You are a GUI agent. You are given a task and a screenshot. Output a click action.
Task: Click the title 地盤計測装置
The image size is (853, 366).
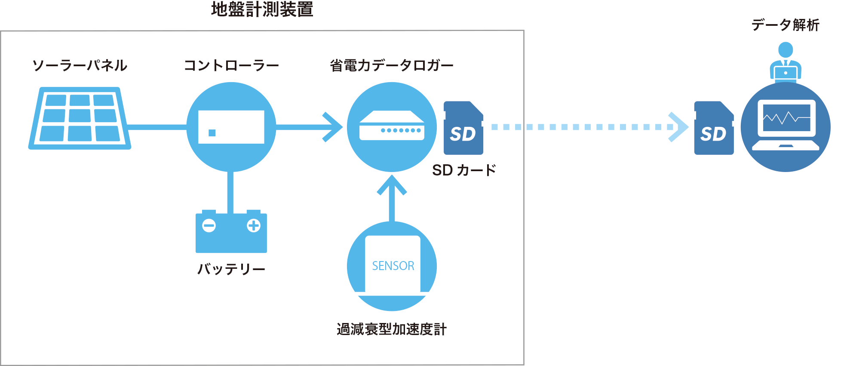tap(262, 9)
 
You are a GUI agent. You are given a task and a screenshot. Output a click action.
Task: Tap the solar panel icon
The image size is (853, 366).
tap(80, 119)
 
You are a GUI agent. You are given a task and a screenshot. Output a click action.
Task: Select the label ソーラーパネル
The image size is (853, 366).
tap(80, 65)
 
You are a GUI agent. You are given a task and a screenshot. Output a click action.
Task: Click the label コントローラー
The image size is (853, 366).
tap(231, 65)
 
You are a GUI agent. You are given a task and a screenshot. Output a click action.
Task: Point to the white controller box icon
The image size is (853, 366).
tap(231, 127)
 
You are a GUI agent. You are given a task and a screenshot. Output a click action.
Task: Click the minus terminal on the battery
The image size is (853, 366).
tap(209, 225)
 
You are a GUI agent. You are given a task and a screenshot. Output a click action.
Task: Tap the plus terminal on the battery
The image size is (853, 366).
tap(254, 225)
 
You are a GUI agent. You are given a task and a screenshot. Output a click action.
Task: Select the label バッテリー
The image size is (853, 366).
tap(231, 269)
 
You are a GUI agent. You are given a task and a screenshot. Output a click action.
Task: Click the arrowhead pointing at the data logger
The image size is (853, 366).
tap(334, 127)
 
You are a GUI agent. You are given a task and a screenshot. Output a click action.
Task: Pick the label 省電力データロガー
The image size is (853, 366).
tap(392, 65)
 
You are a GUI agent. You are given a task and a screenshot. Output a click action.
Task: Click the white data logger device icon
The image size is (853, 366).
tap(392, 126)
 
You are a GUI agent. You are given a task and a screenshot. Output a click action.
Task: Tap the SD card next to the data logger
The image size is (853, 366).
tap(463, 128)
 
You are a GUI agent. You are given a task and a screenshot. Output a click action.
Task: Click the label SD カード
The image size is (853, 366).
tap(464, 170)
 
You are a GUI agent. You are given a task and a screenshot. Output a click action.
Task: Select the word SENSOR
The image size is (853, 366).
tap(393, 266)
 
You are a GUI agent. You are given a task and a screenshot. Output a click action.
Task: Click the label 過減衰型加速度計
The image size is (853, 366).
tap(392, 329)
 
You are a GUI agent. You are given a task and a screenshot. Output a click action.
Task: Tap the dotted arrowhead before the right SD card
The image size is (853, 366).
tap(678, 127)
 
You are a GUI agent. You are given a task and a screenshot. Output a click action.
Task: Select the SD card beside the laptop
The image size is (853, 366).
tap(714, 128)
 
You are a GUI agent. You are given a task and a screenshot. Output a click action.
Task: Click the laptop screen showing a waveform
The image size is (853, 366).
tap(786, 117)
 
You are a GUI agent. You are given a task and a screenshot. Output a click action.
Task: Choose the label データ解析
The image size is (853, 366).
tap(785, 25)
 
